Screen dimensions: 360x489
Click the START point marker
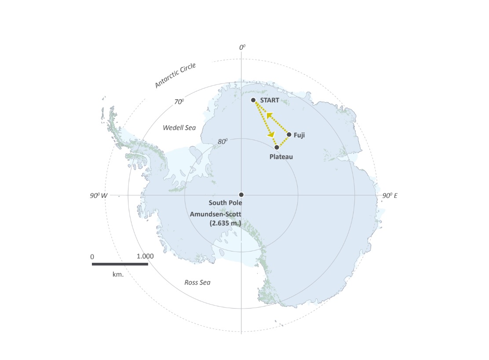[x=253, y=100]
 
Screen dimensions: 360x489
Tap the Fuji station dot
[x=289, y=135]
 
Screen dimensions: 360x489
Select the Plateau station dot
[x=277, y=147]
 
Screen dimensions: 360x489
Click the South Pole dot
[x=241, y=195]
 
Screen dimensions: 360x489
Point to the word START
[x=270, y=100]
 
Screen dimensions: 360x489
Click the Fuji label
[x=299, y=135]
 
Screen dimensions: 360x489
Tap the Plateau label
[x=281, y=156]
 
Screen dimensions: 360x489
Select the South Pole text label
[x=225, y=203]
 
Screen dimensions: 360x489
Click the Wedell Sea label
[x=179, y=128]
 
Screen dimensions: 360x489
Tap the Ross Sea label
[x=197, y=282]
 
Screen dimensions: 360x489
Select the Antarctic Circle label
[x=175, y=76]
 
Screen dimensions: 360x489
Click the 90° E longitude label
[x=390, y=195]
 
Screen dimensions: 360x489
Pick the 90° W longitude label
[x=98, y=195]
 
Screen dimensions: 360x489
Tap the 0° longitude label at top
[x=242, y=47]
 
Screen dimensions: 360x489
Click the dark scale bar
[x=120, y=264]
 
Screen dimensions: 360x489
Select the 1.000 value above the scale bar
[x=145, y=256]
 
